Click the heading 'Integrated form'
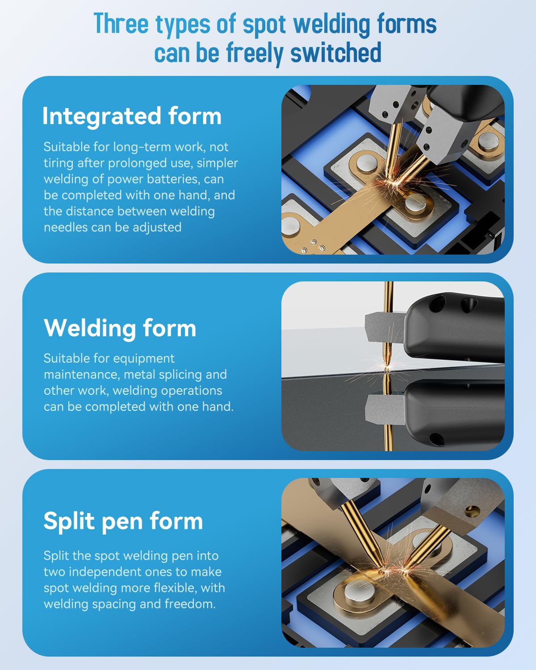pos(132,116)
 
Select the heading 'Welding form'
pos(120,328)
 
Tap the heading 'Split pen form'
pos(123,521)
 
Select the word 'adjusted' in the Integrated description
pos(157,228)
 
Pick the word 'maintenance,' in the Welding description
pos(82,375)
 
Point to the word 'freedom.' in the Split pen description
pos(190,604)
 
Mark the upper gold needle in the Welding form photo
pos(388,324)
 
